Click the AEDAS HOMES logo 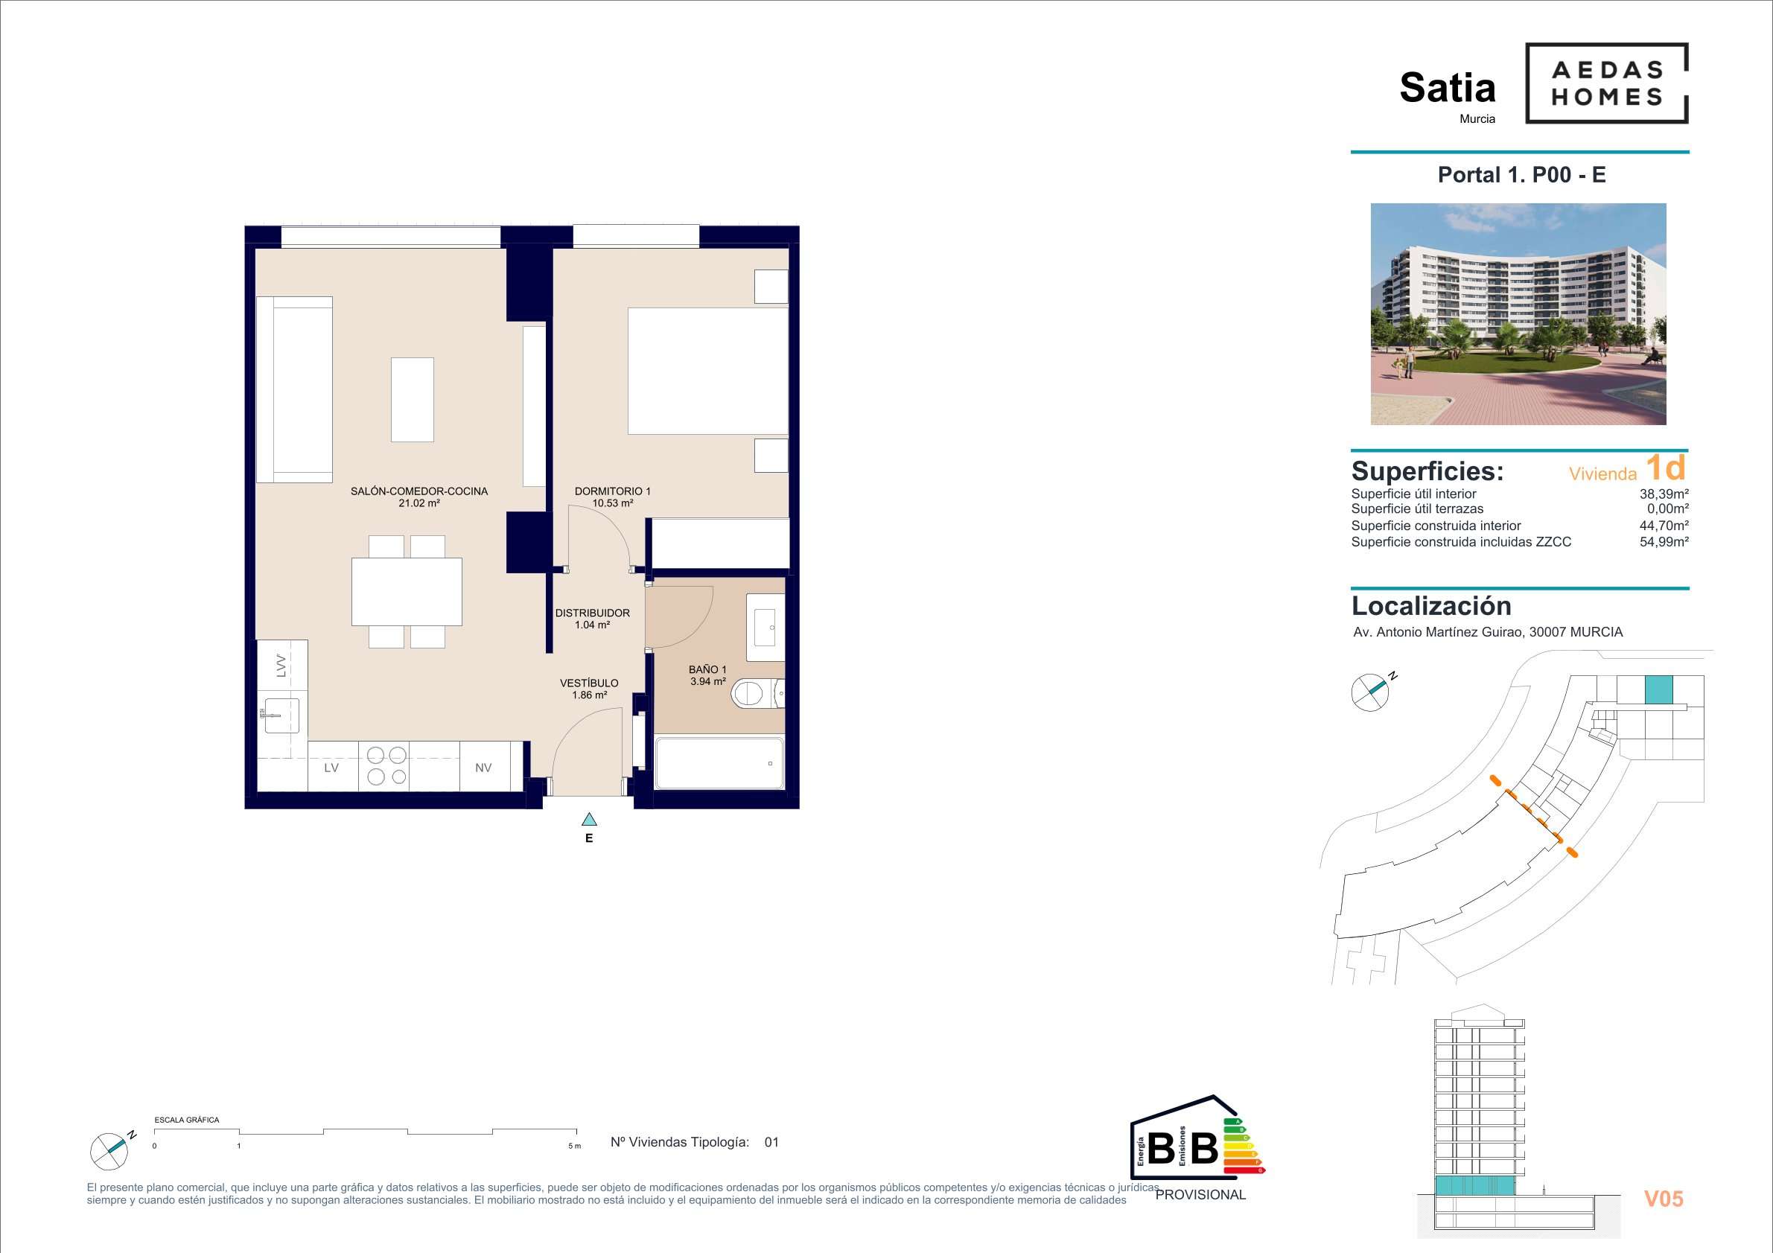[1606, 83]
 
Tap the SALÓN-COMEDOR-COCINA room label [419, 491]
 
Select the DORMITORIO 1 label [612, 491]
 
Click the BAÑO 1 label [708, 669]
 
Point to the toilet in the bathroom [757, 693]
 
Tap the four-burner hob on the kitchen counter [387, 766]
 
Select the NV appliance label [483, 768]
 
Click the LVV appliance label [281, 666]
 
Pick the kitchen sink [279, 715]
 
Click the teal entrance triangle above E [589, 819]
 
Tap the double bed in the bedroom [708, 371]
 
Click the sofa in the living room [294, 390]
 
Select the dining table [407, 591]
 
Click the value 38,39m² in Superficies [1664, 494]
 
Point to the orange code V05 [1664, 1198]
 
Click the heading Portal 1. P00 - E [1521, 174]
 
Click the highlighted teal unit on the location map [1659, 689]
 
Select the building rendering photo [1518, 314]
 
